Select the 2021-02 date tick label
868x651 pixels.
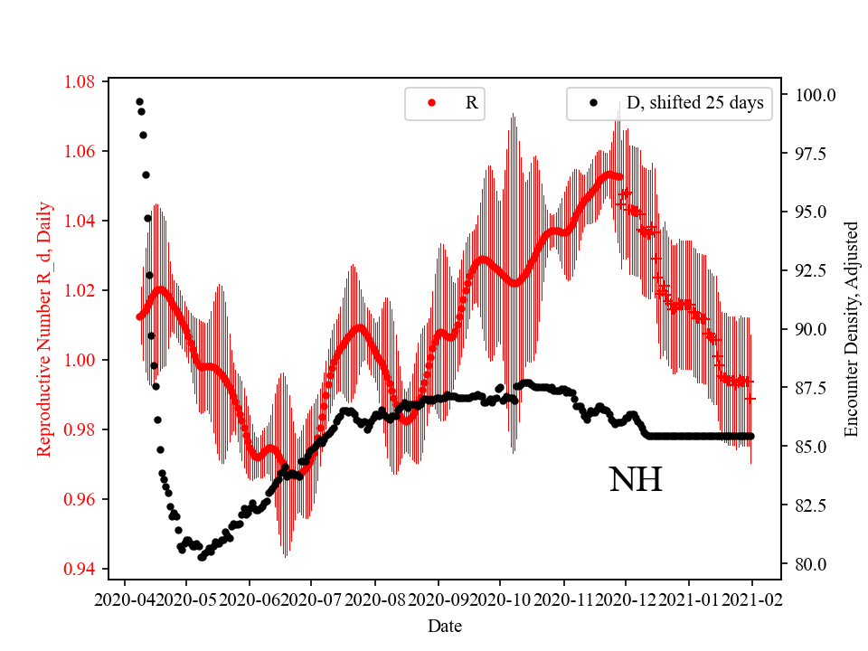coord(752,599)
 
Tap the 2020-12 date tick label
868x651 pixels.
coord(627,599)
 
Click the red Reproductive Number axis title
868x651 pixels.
coord(44,328)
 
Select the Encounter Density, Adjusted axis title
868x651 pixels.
coord(851,328)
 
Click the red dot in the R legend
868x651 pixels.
coord(431,103)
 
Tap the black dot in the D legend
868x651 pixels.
coord(593,103)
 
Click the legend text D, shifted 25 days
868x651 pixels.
coord(695,103)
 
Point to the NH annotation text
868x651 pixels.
coord(636,480)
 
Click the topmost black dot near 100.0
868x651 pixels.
coord(139,101)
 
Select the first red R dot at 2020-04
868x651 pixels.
coord(139,316)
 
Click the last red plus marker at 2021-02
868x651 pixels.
coord(751,398)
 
